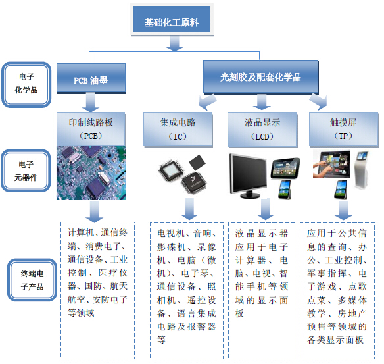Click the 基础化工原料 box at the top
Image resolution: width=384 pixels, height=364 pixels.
click(172, 19)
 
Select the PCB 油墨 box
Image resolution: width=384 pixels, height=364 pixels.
click(91, 78)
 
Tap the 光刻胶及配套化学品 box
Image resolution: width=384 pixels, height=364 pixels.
click(260, 77)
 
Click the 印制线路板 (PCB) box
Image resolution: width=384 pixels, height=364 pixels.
click(91, 129)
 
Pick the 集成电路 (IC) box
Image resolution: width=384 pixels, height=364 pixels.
click(178, 130)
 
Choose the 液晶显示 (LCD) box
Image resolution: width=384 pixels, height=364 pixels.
click(262, 130)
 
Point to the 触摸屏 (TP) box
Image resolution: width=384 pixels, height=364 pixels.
click(344, 130)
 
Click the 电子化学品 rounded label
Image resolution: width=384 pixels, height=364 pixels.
click(26, 84)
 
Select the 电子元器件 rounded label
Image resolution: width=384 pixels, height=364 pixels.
click(26, 170)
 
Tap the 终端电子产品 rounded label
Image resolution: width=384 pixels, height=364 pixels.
click(32, 280)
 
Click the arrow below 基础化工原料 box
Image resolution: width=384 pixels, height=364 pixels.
click(174, 43)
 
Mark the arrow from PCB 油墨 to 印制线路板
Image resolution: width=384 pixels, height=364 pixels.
click(90, 102)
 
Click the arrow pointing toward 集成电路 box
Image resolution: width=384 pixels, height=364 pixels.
click(207, 102)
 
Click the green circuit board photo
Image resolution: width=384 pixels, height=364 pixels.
click(91, 173)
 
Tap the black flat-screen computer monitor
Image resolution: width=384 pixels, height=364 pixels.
click(249, 176)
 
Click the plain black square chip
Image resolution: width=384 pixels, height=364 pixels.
click(197, 163)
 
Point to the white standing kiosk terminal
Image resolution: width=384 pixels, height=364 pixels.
click(362, 170)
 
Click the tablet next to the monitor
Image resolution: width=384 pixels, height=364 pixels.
click(285, 169)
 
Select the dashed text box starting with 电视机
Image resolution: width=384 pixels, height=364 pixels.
click(187, 291)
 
